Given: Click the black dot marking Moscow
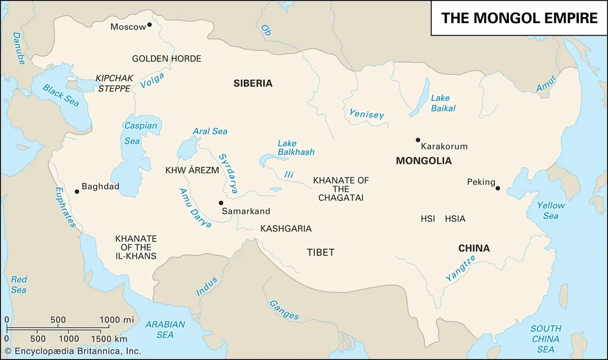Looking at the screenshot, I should coord(150,26).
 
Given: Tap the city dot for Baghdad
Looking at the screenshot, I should coord(77,192).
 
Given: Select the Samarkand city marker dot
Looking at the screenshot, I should coord(221,203).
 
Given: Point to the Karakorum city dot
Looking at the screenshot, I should coord(418,140).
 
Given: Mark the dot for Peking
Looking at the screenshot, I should coord(497,188).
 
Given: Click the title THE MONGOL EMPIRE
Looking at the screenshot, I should coord(519,18).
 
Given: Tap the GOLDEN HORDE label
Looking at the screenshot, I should coord(167,58).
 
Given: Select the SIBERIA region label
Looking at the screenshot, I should coord(253,83).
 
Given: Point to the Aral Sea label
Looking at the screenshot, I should coord(210,131).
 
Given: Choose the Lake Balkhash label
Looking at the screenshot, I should coord(295,148).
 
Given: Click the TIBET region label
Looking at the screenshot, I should coord(320,252).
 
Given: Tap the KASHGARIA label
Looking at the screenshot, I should coord(286,229).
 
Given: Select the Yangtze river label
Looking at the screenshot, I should coord(460,268).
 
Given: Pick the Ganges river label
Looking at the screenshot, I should coord(284,310).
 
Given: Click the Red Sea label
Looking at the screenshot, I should coord(19,285).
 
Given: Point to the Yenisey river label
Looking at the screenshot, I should coord(367,114).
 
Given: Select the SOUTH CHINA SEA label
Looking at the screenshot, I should coord(545,338).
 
